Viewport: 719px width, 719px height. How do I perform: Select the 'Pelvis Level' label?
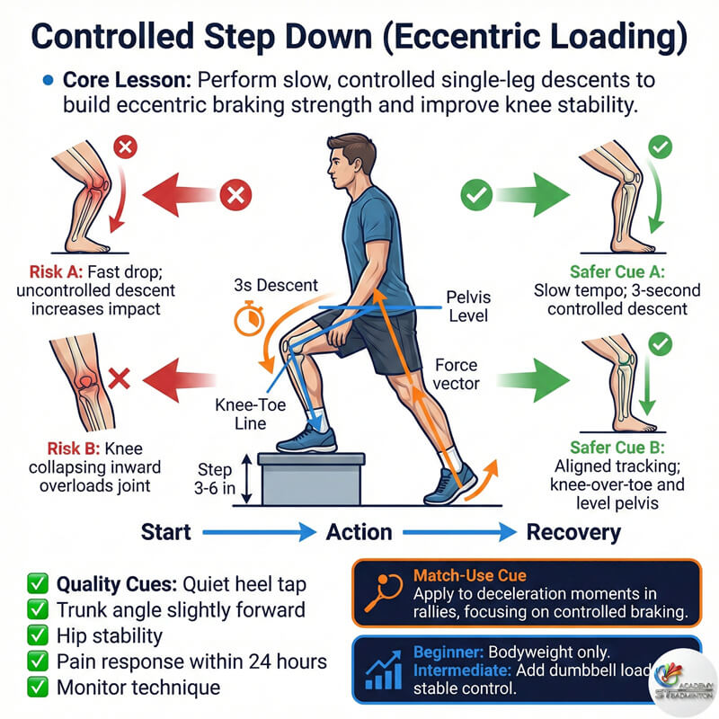coord(466,306)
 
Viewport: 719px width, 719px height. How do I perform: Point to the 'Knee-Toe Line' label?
coord(250,415)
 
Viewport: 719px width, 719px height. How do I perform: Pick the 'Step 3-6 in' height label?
coord(214,479)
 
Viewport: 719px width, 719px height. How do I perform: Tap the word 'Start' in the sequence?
coord(166,532)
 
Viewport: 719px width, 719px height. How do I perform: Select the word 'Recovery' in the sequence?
coord(573,532)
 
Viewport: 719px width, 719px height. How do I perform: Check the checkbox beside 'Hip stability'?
coord(37,635)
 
